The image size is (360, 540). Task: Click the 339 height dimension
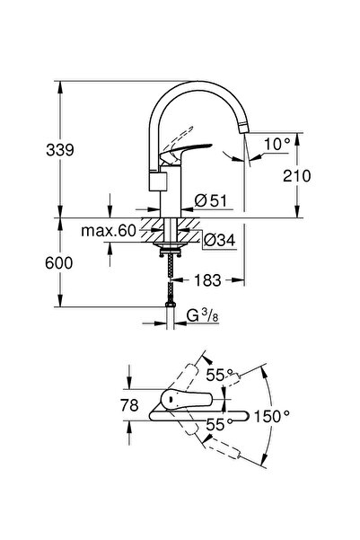point(60,150)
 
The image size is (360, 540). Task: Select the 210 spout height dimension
point(296,176)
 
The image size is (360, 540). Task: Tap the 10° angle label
point(277,144)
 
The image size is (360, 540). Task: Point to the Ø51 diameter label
point(211,200)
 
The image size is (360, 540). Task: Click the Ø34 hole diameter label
point(219,240)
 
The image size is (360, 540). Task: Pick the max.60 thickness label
point(109,231)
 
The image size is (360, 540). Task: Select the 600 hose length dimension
point(59,263)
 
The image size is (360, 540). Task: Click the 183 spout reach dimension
point(207,280)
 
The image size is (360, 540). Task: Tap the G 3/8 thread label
point(202,315)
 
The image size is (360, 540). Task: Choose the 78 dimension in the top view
point(129,405)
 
